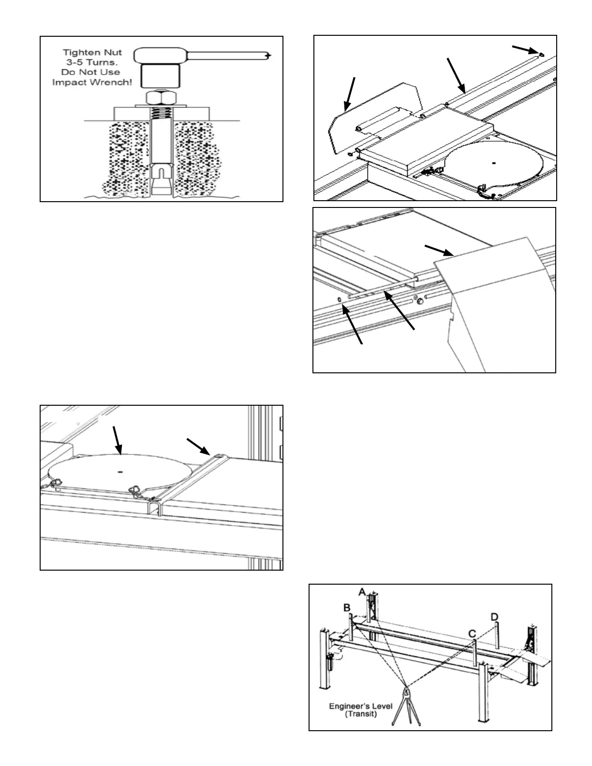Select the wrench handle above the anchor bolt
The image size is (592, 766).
coord(227,56)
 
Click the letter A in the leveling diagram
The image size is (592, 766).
coord(362,591)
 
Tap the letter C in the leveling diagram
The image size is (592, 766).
coord(472,633)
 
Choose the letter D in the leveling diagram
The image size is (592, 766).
coord(494,617)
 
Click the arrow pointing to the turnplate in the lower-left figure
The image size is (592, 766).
coord(116,440)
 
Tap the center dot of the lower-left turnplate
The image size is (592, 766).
coord(120,471)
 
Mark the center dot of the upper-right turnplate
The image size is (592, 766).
coord(493,163)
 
